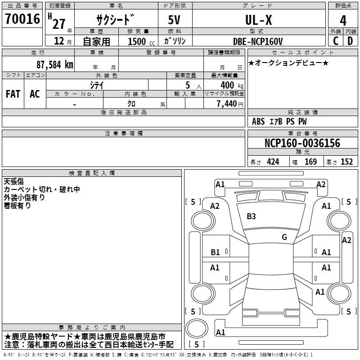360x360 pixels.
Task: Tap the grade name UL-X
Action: coord(258,20)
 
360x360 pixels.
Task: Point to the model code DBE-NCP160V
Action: coord(258,41)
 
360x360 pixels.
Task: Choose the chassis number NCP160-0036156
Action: coord(302,143)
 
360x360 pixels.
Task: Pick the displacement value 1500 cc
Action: coord(138,41)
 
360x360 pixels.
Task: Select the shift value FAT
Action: coord(13,94)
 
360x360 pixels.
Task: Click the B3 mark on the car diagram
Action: coord(251,216)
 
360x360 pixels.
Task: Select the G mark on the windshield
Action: coord(284,237)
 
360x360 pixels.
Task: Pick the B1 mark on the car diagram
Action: coord(215,252)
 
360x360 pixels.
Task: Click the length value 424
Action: coord(272,162)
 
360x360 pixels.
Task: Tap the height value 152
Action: coord(346,162)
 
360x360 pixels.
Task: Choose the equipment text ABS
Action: coord(258,121)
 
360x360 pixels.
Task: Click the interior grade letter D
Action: coord(350,41)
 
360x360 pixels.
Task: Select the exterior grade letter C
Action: coord(336,41)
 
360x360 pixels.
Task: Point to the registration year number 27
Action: coord(58,23)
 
